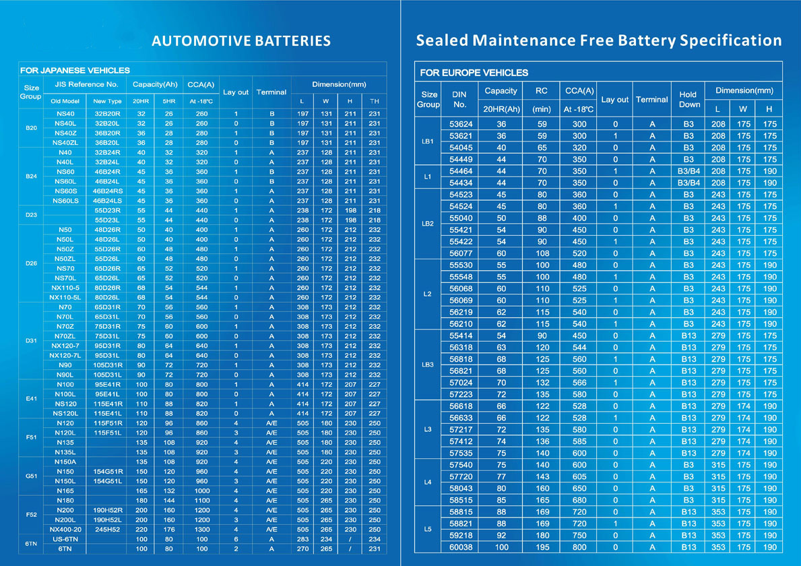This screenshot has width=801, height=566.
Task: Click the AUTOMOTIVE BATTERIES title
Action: (241, 41)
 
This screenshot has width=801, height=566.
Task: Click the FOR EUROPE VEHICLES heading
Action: (474, 73)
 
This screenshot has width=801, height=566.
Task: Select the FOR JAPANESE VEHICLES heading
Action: (75, 70)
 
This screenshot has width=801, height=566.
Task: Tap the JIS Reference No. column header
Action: (86, 84)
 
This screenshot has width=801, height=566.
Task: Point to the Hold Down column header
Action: (688, 99)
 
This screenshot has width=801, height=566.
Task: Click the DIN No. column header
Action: (459, 99)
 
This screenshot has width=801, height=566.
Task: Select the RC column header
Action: (542, 90)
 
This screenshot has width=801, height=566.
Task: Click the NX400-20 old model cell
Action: (65, 529)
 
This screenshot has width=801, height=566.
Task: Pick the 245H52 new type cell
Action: (107, 529)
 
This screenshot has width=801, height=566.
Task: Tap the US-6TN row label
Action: (65, 539)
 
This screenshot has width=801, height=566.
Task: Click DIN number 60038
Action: (461, 547)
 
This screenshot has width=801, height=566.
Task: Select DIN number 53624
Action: (461, 124)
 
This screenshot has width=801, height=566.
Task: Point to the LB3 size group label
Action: (428, 365)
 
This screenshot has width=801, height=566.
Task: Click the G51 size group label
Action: (31, 476)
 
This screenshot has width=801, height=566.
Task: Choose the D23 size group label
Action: (31, 215)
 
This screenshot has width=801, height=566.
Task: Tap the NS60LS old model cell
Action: (65, 201)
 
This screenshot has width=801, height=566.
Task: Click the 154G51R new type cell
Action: (108, 472)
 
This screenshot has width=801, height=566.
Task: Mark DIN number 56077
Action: (461, 253)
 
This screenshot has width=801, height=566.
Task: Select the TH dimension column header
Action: (375, 101)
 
